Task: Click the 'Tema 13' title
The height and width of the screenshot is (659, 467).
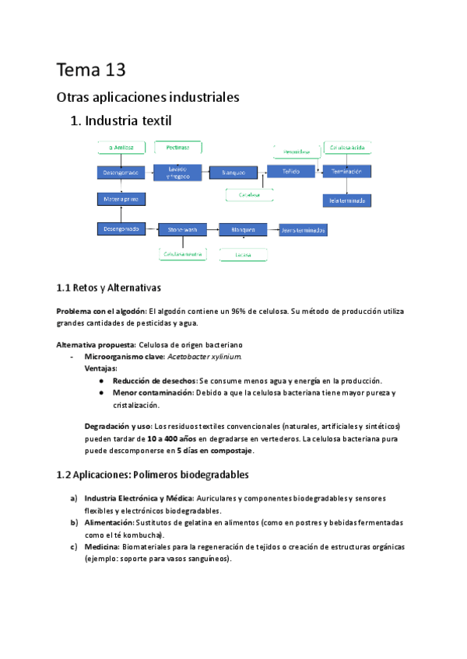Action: [91, 70]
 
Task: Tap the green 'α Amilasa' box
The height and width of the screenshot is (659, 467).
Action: [120, 146]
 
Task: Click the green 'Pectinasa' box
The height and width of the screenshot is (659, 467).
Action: [177, 146]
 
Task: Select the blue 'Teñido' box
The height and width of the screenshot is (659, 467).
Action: [290, 171]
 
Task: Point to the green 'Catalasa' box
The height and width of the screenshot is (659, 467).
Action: [248, 194]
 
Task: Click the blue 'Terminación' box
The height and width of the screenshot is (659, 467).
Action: [347, 171]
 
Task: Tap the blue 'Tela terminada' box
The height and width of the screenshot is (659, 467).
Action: [347, 200]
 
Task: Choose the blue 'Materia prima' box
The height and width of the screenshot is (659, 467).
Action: [120, 200]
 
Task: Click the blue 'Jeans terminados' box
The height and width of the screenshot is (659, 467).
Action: [303, 230]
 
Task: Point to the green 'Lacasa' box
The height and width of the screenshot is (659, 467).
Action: [243, 254]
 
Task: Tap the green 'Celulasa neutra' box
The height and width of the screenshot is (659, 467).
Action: [183, 254]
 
